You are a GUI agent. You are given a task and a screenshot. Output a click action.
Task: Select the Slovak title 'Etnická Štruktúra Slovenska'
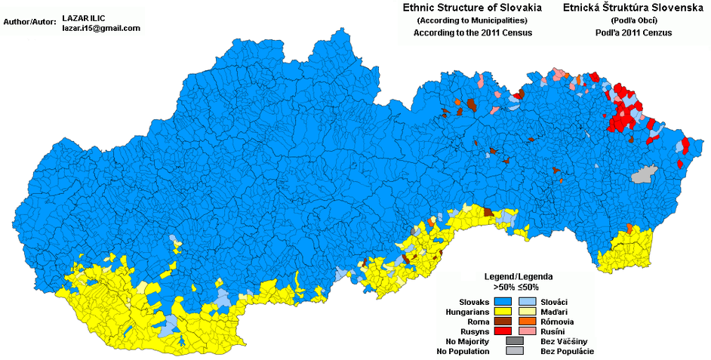(617, 8)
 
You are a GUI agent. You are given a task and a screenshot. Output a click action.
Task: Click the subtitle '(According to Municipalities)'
(472, 20)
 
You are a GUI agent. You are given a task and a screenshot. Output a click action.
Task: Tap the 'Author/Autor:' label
(29, 22)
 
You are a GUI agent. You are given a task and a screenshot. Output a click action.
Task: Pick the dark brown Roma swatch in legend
(506, 321)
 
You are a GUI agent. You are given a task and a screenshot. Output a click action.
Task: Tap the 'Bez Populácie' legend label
(568, 351)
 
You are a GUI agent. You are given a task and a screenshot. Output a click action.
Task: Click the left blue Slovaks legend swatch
(506, 301)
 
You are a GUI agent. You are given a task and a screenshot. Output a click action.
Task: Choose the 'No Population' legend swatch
(516, 351)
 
